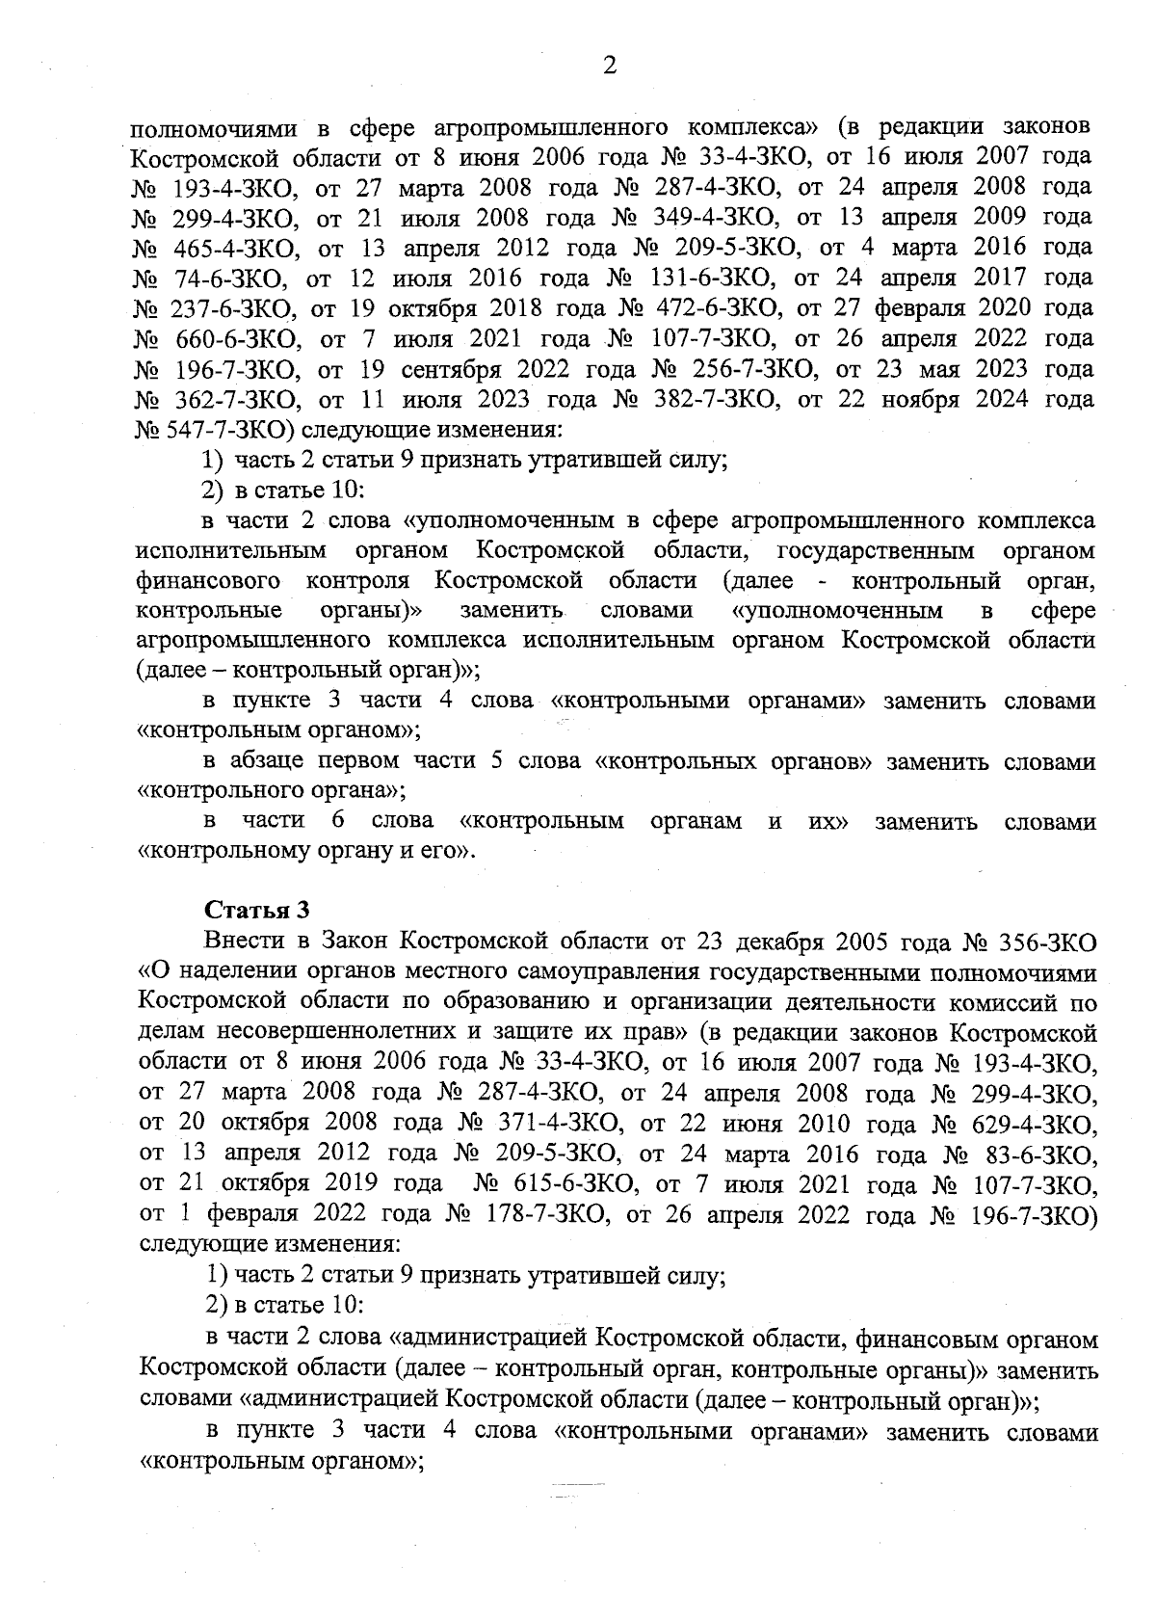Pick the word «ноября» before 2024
pyautogui.click(x=917, y=400)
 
